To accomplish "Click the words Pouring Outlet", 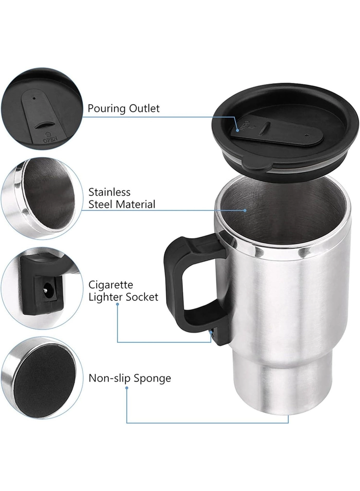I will pos(123,109).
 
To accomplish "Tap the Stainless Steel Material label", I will pos(122,198).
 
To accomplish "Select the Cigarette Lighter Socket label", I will pos(123,291).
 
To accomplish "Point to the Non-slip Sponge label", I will pos(130,378).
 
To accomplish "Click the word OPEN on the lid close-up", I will pos(50,140).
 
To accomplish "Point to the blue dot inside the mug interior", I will pos(245,210).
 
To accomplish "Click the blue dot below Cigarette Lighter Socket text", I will pos(118,304).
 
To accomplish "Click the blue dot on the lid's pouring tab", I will pos(238,131).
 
